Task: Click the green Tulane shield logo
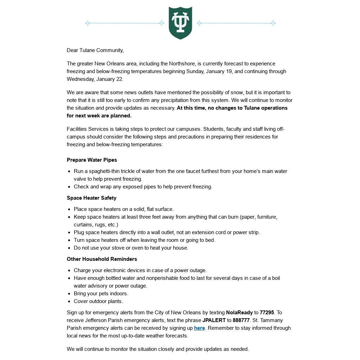180,22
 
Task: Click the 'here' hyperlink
199,328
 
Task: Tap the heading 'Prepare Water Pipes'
92,160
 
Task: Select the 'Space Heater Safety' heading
91,198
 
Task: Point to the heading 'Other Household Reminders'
102,259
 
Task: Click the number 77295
267,313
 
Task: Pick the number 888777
241,320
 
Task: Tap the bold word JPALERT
214,320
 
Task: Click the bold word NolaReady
239,313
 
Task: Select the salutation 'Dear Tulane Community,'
95,50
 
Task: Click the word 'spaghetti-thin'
104,171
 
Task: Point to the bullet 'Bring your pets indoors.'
101,294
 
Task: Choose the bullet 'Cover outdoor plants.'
98,301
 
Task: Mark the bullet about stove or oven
131,248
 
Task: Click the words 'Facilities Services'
86,129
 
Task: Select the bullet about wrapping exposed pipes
143,187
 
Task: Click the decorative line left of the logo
125,23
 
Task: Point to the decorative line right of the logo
236,23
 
